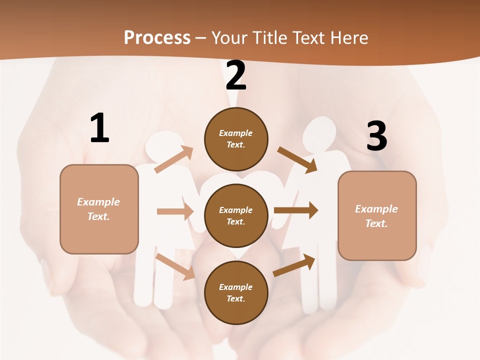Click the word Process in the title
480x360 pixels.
point(157,38)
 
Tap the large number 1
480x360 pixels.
point(99,128)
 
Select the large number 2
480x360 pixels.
point(236,75)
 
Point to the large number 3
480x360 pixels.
point(376,136)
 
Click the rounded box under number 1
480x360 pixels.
point(99,209)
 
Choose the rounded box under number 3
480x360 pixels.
point(377,216)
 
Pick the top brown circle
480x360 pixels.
point(236,139)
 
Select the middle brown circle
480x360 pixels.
point(236,215)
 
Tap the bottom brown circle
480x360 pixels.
point(236,292)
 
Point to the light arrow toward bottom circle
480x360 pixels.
point(175,266)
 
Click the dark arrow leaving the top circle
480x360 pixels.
point(297,159)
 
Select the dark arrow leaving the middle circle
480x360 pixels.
point(296,210)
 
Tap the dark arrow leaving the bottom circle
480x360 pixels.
point(294,265)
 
